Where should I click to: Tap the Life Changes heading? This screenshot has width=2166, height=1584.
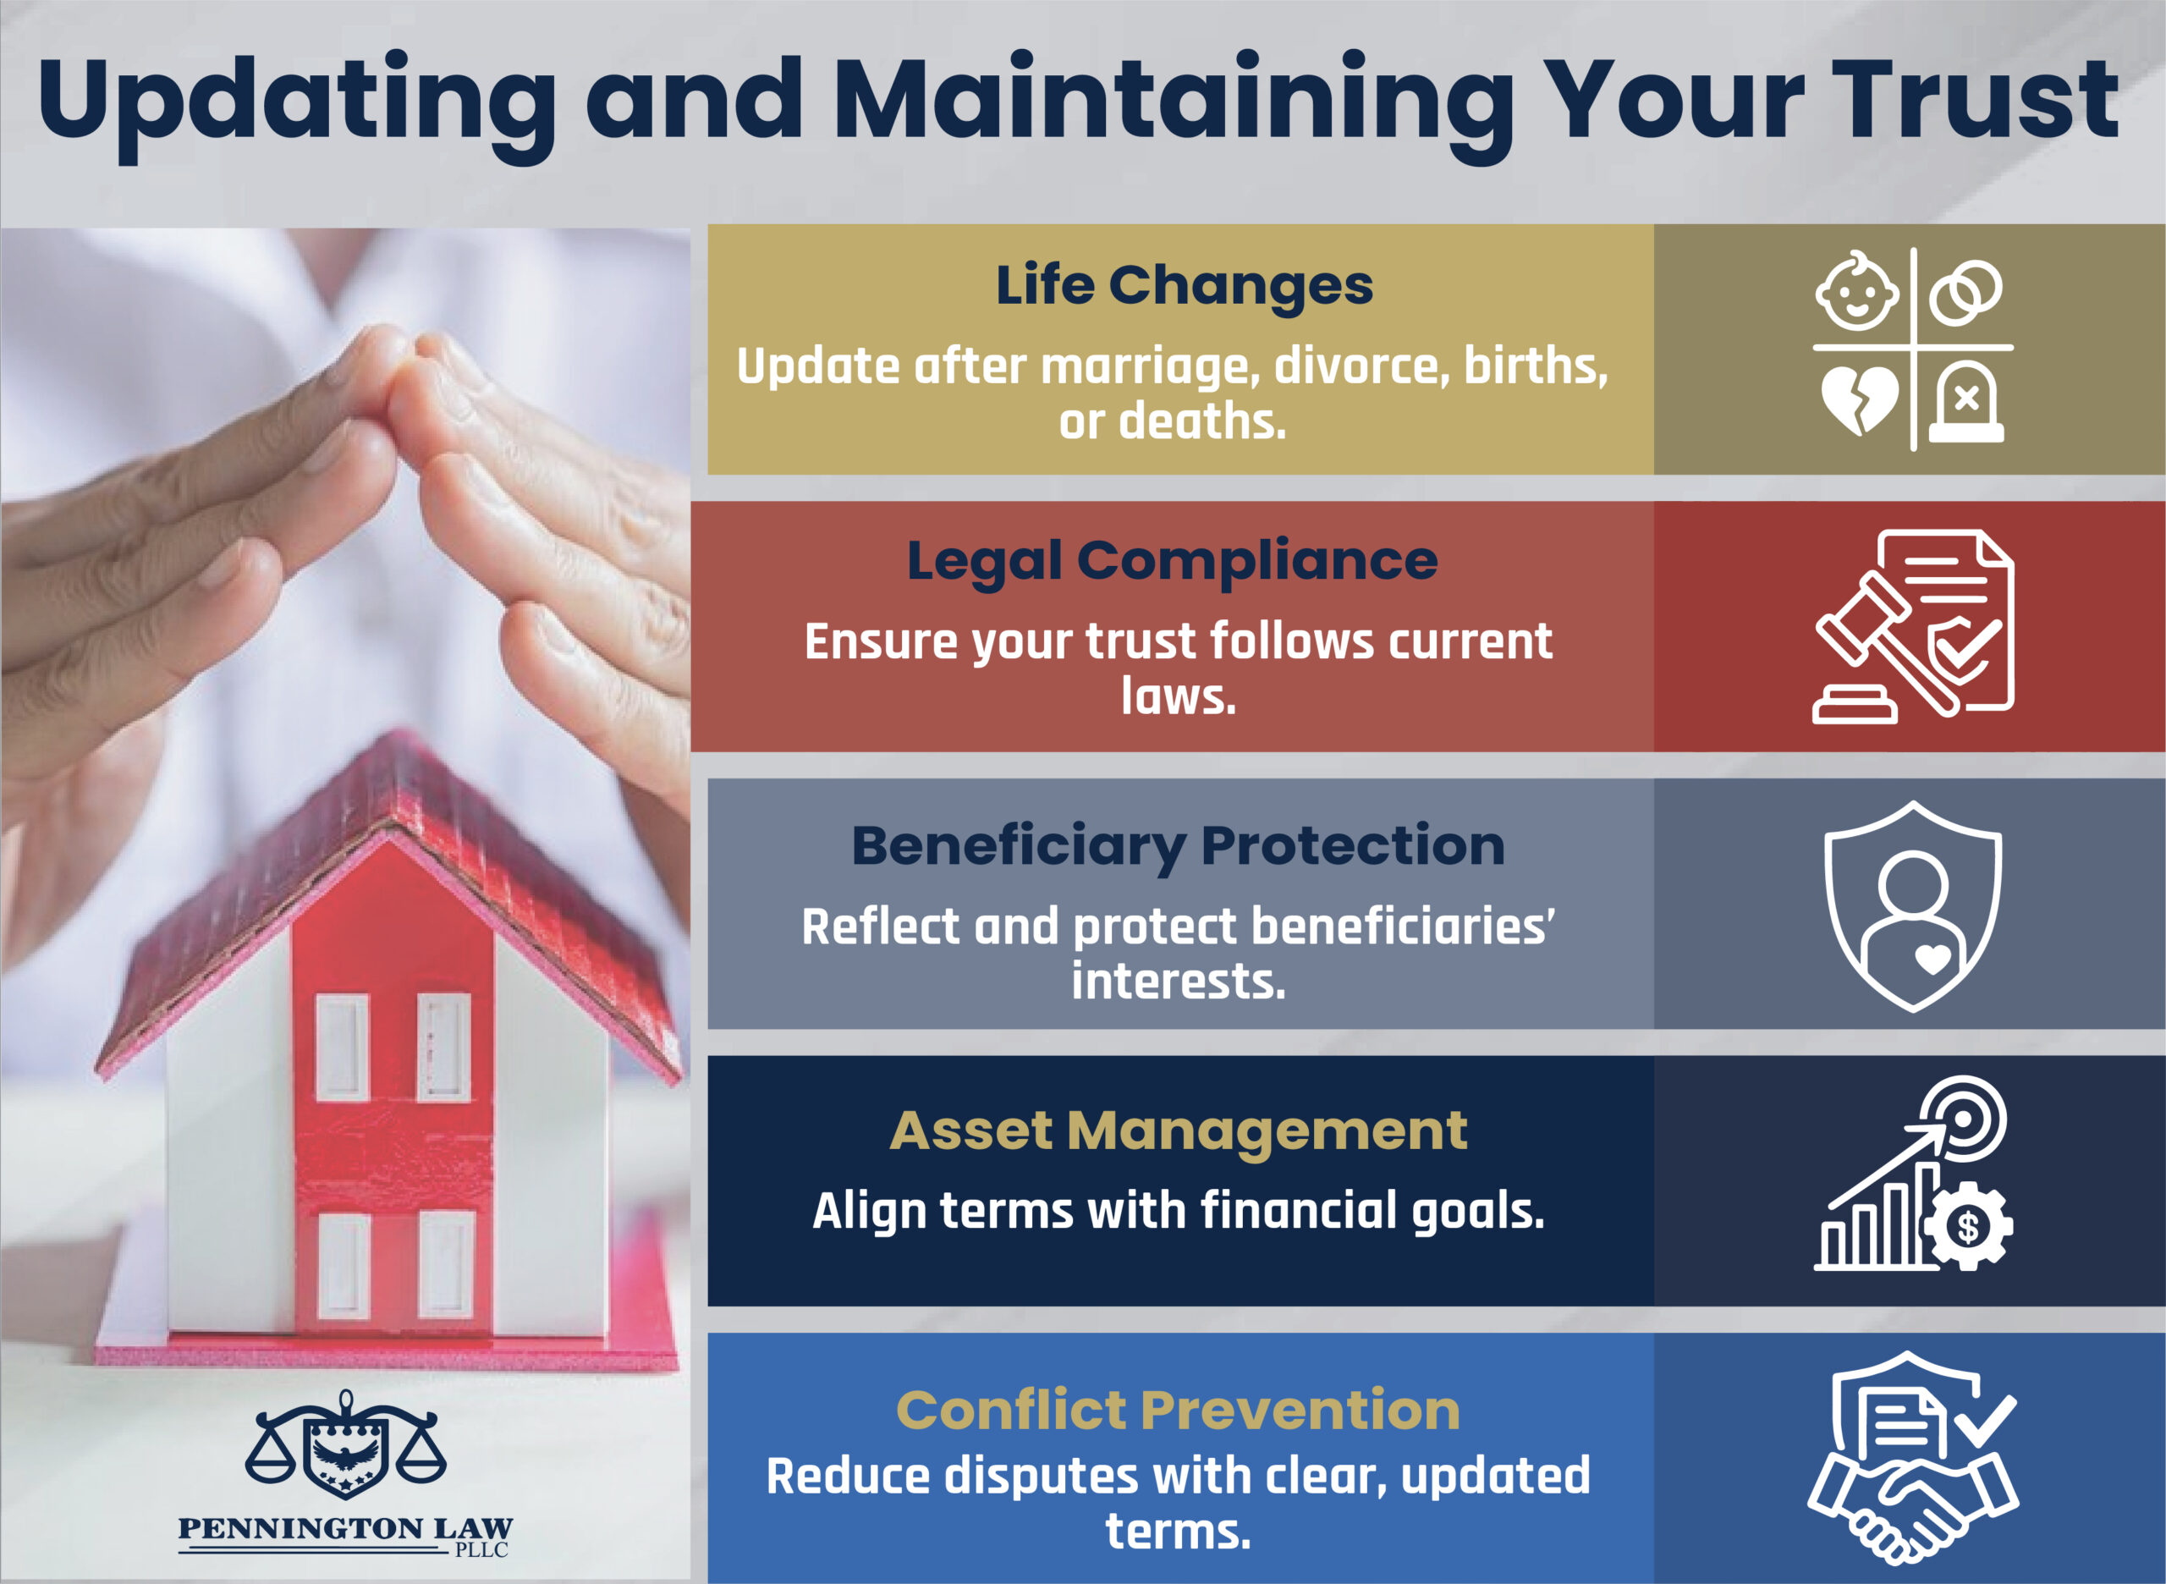pyautogui.click(x=1185, y=286)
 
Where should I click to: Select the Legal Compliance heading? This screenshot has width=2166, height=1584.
pyautogui.click(x=1172, y=561)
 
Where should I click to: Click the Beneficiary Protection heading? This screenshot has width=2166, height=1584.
pyautogui.click(x=1178, y=845)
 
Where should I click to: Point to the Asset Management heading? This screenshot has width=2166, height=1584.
pyautogui.click(x=1178, y=1130)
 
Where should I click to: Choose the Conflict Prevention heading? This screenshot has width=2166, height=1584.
pyautogui.click(x=1178, y=1410)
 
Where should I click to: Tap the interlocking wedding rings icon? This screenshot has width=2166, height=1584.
pyautogui.click(x=1965, y=293)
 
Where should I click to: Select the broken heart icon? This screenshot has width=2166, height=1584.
pyautogui.click(x=1859, y=399)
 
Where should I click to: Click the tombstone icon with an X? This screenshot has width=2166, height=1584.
pyautogui.click(x=1966, y=403)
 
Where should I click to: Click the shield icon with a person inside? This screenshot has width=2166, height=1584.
pyautogui.click(x=1913, y=906)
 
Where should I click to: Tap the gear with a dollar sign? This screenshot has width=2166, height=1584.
pyautogui.click(x=1967, y=1226)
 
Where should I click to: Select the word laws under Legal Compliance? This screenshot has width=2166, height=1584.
pyautogui.click(x=1179, y=697)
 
